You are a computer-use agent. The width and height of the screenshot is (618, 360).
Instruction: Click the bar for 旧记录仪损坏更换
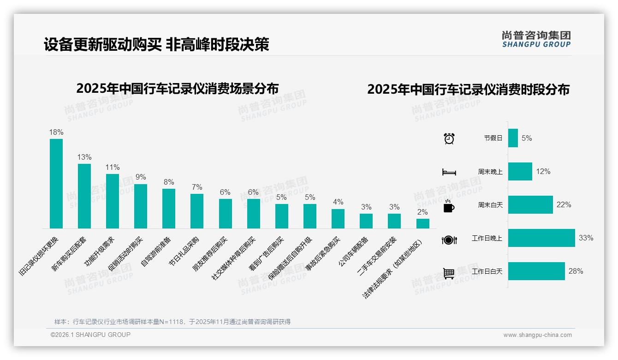pyautogui.click(x=56, y=184)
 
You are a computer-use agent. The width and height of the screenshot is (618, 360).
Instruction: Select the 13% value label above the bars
pyautogui.click(x=84, y=157)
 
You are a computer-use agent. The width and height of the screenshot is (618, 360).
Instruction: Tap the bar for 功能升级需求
pyautogui.click(x=113, y=201)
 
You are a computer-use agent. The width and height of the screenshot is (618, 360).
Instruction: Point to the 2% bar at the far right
pyautogui.click(x=422, y=223)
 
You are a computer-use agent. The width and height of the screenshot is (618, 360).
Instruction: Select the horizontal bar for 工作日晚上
pyautogui.click(x=541, y=238)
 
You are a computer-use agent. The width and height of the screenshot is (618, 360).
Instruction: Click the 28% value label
pyautogui.click(x=576, y=271)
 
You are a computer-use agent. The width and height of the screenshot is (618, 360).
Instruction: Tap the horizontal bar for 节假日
pyautogui.click(x=513, y=138)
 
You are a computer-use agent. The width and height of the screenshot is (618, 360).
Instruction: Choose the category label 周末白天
pyautogui.click(x=490, y=205)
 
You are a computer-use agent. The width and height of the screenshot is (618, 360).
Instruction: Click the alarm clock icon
pyautogui.click(x=449, y=138)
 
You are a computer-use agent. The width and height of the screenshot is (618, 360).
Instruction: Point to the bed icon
pyautogui.click(x=449, y=172)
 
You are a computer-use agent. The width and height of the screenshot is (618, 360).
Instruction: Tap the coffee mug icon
pyautogui.click(x=449, y=206)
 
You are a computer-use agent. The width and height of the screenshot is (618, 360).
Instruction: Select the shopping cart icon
pyautogui.click(x=449, y=273)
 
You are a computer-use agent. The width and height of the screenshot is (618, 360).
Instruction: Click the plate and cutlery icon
pyautogui.click(x=449, y=240)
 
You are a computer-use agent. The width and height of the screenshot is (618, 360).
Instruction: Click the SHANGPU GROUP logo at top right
pyautogui.click(x=536, y=39)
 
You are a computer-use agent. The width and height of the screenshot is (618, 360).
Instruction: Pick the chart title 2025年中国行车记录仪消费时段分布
pyautogui.click(x=468, y=90)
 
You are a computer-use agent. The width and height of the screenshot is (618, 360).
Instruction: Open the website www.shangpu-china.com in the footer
pyautogui.click(x=537, y=335)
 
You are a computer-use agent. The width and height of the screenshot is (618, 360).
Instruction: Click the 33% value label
pyautogui.click(x=586, y=238)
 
